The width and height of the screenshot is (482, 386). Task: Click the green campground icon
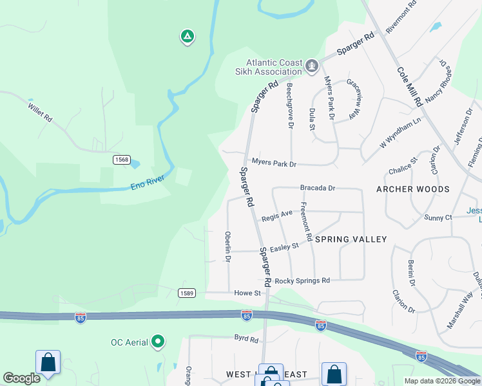[x=187, y=37]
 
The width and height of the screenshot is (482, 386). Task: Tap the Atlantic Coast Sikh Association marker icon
[x=312, y=66]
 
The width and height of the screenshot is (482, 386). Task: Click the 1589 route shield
[x=187, y=293]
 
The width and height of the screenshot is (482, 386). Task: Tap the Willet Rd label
[x=39, y=113]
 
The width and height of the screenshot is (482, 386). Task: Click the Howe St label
[x=247, y=293]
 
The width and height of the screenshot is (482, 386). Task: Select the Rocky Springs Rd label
[x=302, y=281]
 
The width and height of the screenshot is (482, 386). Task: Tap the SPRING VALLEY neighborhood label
[x=351, y=239]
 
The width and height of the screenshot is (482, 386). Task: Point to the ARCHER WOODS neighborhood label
[x=413, y=190]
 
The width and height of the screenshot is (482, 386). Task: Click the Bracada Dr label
[x=318, y=188]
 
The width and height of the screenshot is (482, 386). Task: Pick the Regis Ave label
[x=277, y=216]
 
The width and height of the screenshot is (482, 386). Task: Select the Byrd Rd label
[x=246, y=337]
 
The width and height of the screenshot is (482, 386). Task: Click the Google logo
[x=21, y=379]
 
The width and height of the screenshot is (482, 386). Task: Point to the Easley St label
[x=284, y=246]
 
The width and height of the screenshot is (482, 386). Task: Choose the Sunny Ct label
[x=438, y=218]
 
